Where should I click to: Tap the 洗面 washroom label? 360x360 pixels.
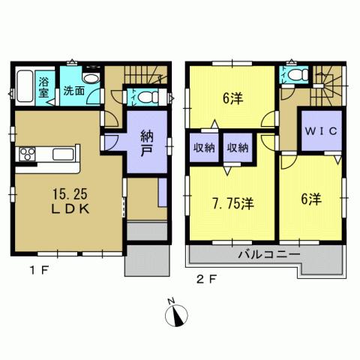73,91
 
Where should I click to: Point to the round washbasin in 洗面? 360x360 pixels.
91,78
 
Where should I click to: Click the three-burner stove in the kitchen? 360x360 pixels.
27,154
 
